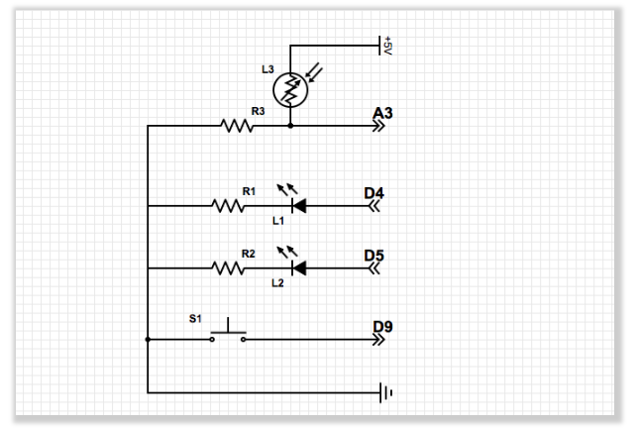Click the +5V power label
(388, 46)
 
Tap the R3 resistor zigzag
(237, 126)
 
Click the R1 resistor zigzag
(228, 206)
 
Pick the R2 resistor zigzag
(228, 267)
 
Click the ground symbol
(386, 393)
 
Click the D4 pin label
(373, 193)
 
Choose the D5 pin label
(373, 256)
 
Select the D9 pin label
(383, 326)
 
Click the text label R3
(258, 112)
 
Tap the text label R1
(249, 190)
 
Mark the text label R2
(249, 254)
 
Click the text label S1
(195, 319)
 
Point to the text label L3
(267, 69)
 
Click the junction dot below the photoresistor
(290, 126)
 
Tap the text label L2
(278, 283)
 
